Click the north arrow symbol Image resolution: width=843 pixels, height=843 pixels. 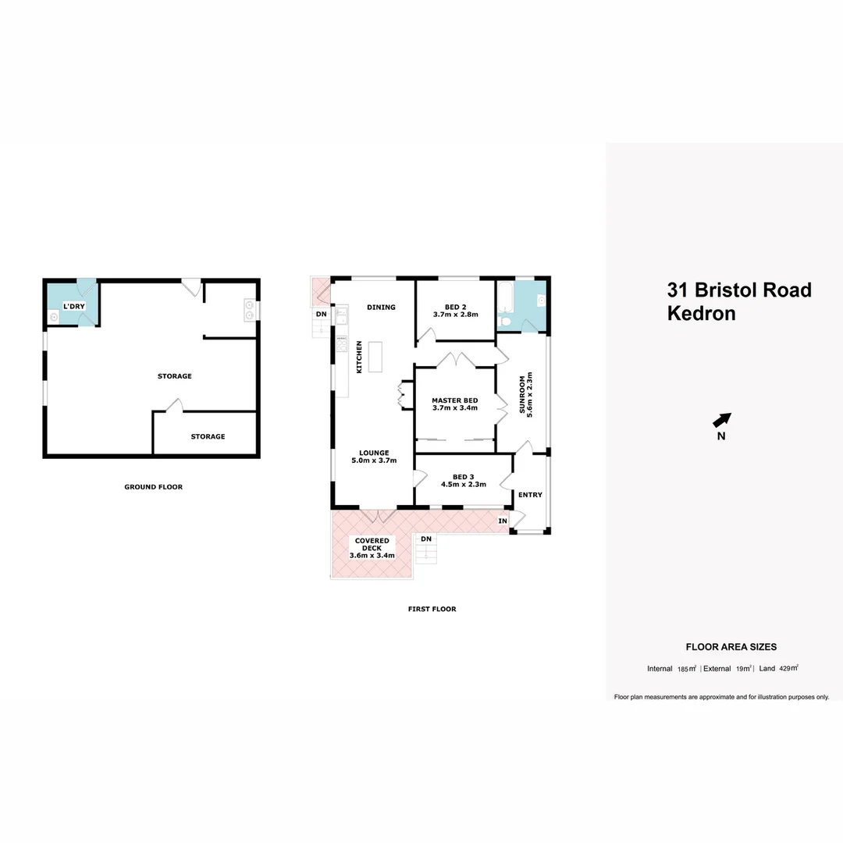[x=723, y=420]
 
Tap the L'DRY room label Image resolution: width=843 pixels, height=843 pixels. [x=74, y=307]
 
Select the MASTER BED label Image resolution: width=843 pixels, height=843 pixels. [x=454, y=400]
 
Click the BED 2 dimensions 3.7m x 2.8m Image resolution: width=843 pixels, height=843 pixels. [x=455, y=315]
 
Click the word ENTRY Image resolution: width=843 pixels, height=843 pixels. [x=530, y=495]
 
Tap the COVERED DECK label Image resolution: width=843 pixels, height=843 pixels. [x=372, y=544]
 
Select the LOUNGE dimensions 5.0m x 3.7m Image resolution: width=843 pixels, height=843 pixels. [x=374, y=461]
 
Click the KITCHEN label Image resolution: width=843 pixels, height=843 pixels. [x=360, y=357]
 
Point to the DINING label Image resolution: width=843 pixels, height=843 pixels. [x=381, y=307]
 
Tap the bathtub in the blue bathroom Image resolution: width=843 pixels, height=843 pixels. [x=504, y=299]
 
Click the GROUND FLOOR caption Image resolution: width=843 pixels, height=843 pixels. [x=153, y=487]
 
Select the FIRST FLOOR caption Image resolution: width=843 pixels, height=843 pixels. [x=432, y=609]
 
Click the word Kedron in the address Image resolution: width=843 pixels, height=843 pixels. [x=701, y=314]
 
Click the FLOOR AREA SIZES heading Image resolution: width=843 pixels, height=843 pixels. [x=731, y=646]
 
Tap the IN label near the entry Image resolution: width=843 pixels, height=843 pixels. [x=503, y=521]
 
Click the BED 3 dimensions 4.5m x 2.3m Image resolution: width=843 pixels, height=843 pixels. [x=463, y=484]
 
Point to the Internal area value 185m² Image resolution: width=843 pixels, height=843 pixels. [x=687, y=669]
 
